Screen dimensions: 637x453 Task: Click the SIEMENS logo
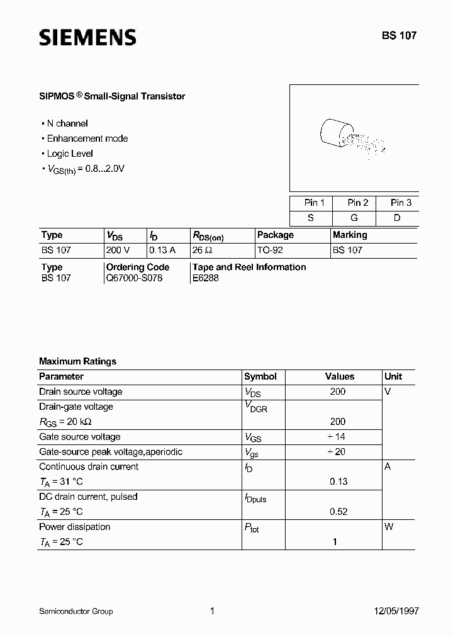tap(87, 37)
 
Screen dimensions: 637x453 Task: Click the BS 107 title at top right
tap(398, 36)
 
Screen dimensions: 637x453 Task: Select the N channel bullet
tap(67, 123)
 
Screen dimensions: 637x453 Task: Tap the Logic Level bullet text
tap(70, 154)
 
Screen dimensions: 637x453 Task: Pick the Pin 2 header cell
tap(358, 203)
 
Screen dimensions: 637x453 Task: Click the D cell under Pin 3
tap(398, 217)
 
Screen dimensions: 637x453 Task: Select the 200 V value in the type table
tap(119, 250)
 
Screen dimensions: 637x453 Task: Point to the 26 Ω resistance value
tap(202, 250)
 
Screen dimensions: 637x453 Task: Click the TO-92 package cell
tap(270, 250)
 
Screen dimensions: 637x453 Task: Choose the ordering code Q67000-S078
tap(135, 278)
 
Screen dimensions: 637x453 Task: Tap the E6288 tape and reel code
tap(206, 278)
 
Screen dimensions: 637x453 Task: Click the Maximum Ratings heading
tap(77, 361)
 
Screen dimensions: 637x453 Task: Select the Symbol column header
tap(260, 376)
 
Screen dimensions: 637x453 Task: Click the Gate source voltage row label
tap(80, 437)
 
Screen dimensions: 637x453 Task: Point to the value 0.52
tap(338, 512)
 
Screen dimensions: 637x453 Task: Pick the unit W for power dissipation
tap(389, 527)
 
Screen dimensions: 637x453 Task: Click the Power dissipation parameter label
tap(74, 527)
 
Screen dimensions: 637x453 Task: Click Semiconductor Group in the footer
tap(76, 611)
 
